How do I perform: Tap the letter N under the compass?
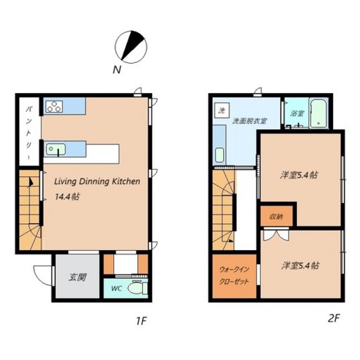117,69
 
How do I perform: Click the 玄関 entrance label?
78,277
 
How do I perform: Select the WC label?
116,288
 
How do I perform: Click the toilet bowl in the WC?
137,289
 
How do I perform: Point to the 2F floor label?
332,319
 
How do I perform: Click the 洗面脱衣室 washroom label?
249,121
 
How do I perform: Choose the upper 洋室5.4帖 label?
300,174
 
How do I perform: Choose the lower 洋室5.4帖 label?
301,265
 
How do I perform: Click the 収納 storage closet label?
276,216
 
